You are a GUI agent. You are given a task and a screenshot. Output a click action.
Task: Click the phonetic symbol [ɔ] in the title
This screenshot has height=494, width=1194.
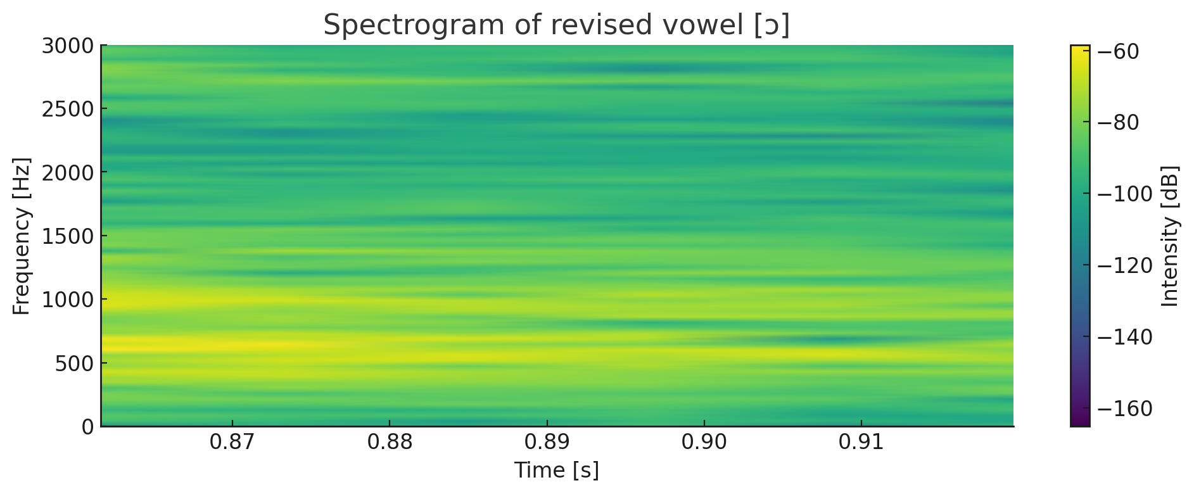point(772,26)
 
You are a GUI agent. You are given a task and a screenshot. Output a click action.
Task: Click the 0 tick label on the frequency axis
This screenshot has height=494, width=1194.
point(87,426)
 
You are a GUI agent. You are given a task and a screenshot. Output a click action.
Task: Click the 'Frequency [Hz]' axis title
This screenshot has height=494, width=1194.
point(22,236)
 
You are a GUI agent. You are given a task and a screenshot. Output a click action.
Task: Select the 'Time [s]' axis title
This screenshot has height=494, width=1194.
point(557,471)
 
